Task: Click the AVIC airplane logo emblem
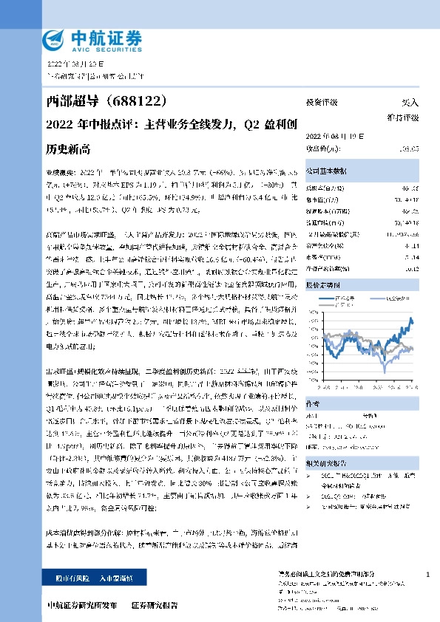pos(57,39)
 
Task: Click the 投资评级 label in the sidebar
pos(322,103)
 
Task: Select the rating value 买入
pos(410,103)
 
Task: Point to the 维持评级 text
pos(404,117)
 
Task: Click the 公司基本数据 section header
pos(327,169)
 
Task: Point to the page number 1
pos(429,575)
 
